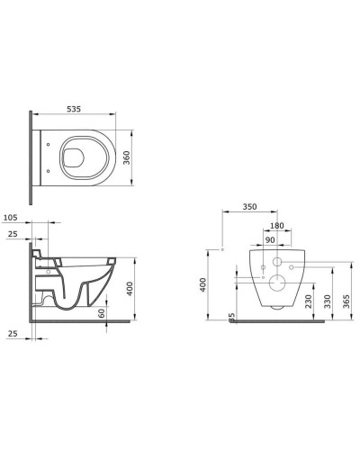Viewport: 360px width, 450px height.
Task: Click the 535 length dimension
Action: (74, 109)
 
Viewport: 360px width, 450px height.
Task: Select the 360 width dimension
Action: (127, 157)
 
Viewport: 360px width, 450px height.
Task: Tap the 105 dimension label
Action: (10, 218)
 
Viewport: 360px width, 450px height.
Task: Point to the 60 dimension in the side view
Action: (102, 313)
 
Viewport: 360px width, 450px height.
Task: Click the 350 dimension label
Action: (249, 207)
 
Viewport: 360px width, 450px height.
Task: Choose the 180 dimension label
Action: (276, 226)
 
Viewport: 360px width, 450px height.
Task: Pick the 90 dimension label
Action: (270, 240)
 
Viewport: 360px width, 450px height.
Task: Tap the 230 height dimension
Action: (308, 301)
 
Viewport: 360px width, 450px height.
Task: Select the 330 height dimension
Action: (328, 301)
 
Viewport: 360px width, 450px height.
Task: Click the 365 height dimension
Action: (346, 301)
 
